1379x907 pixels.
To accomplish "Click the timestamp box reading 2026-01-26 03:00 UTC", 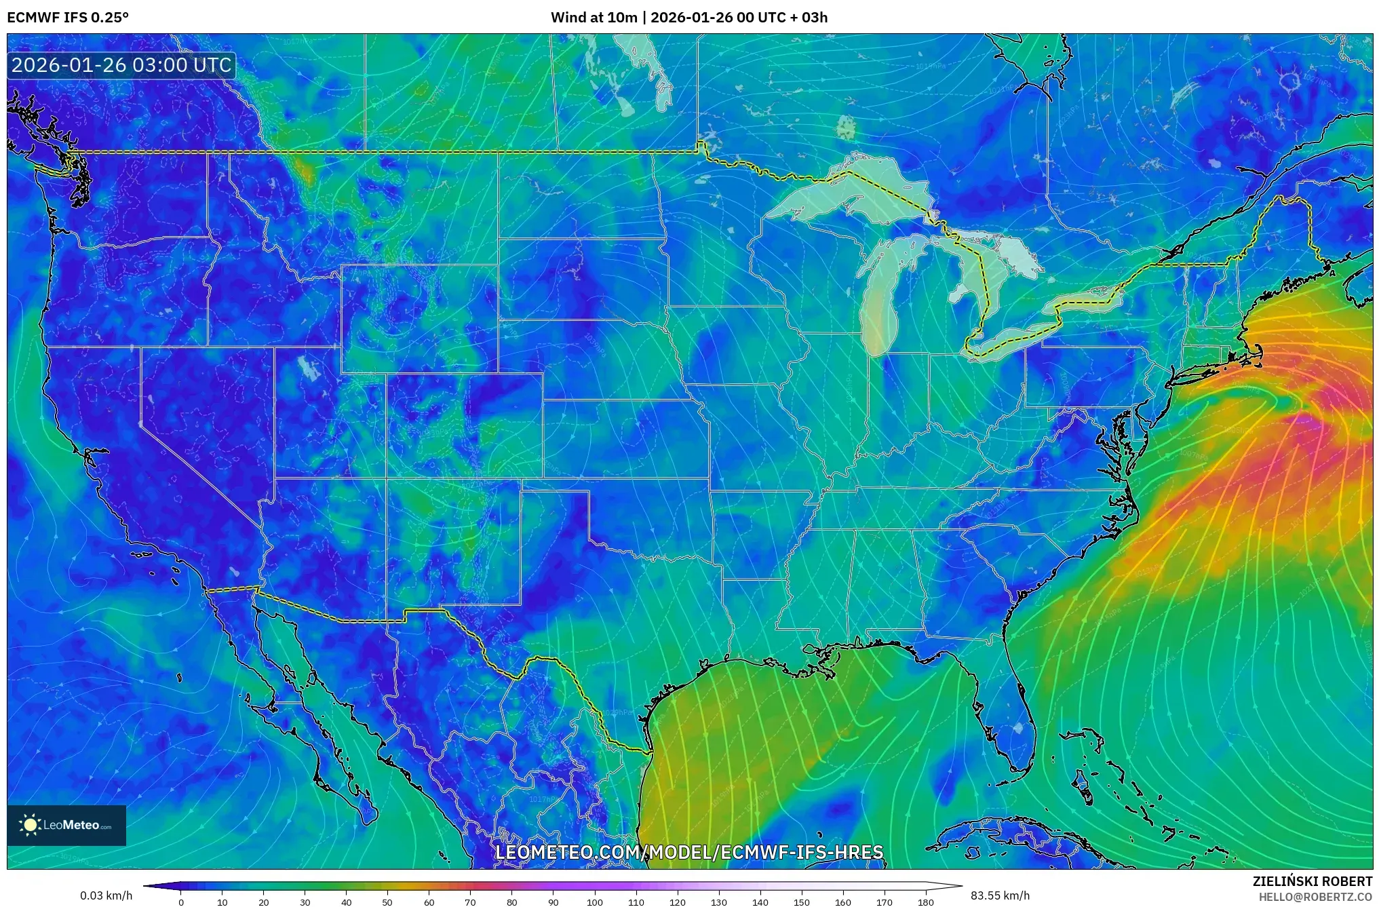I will tap(121, 66).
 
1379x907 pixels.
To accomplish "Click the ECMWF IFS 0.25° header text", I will tap(68, 18).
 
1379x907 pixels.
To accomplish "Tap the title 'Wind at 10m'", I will tap(594, 18).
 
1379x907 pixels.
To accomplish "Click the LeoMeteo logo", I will tap(66, 825).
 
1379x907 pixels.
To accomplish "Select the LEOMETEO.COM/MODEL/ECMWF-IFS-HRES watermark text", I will tap(689, 852).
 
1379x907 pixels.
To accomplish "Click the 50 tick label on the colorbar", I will tap(387, 902).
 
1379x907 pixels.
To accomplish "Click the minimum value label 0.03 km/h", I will tap(106, 895).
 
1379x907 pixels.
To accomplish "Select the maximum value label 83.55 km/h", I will tap(1000, 895).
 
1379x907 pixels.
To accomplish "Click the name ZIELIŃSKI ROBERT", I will tap(1312, 881).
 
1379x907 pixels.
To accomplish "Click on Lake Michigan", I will tap(880, 298).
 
